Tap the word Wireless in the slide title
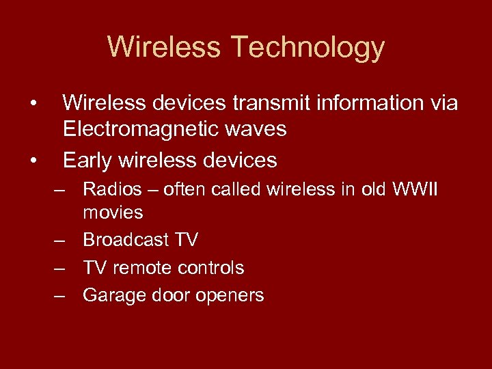click(164, 48)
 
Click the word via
click(441, 103)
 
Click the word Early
click(87, 160)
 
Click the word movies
click(113, 213)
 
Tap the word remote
click(141, 267)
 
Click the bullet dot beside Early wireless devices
click(33, 161)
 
